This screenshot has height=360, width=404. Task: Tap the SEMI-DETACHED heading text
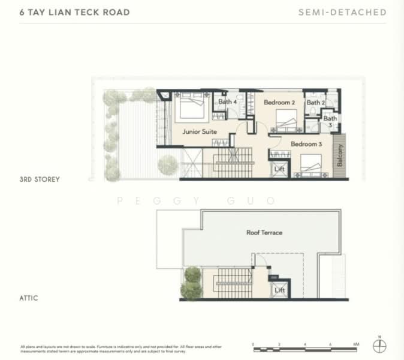[x=342, y=12]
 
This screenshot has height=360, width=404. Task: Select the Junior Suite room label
[x=200, y=132]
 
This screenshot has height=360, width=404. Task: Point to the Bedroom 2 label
[x=279, y=103]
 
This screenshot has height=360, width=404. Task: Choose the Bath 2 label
[x=315, y=103]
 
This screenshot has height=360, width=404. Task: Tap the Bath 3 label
[x=330, y=122]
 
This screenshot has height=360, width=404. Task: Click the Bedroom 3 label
[x=306, y=144]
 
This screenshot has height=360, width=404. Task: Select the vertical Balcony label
[x=340, y=155]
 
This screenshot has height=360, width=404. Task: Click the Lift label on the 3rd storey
[x=279, y=170]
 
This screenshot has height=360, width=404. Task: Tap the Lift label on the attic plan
[x=279, y=290]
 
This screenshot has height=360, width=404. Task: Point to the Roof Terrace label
[x=264, y=232]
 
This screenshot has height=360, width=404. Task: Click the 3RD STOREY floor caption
[x=40, y=179]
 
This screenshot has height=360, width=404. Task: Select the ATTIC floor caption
[x=28, y=298]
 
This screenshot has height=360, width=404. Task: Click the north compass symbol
[x=379, y=346]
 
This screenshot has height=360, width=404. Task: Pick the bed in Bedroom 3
[x=311, y=165]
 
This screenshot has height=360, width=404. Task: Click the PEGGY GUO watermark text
[x=196, y=201]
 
